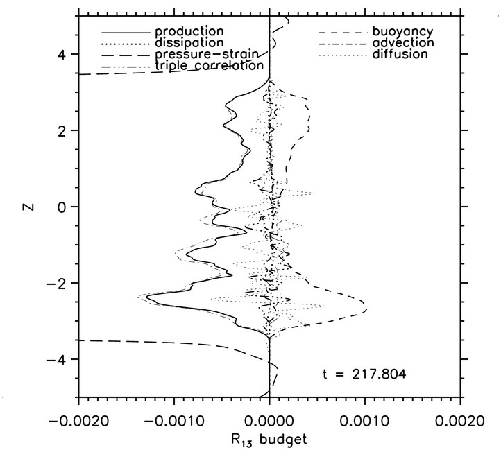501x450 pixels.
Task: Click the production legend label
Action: coord(189,32)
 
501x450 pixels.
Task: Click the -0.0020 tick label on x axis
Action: coord(78,419)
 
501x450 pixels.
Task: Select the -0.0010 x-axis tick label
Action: coord(173,419)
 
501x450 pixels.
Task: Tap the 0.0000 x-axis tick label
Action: coord(269,419)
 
